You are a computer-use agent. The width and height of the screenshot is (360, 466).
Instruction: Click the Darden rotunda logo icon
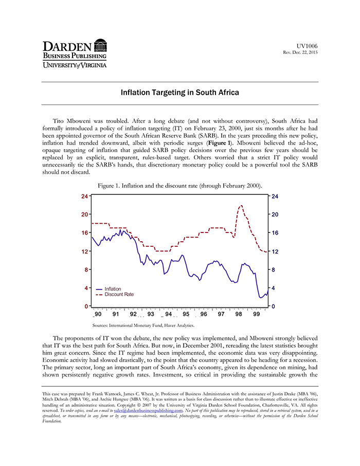101,45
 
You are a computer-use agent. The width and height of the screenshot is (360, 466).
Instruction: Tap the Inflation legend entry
113,289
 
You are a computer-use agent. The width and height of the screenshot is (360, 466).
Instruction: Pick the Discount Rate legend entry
119,295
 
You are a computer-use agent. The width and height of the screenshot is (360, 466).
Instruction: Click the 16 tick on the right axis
274,233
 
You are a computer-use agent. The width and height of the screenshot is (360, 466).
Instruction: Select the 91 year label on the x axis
116,314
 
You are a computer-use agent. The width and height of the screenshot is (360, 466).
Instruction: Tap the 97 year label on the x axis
221,314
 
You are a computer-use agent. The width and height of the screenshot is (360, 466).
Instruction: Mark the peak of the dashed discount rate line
241,206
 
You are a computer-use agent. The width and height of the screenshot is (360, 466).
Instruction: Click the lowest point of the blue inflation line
261,297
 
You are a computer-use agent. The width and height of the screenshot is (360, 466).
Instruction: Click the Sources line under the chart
143,325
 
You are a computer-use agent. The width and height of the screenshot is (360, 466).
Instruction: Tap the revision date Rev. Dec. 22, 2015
301,53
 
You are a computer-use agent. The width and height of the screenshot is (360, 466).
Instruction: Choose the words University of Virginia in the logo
74,65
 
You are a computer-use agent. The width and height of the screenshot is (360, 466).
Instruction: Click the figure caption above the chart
179,186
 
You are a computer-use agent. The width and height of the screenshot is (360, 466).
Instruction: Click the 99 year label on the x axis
257,314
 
